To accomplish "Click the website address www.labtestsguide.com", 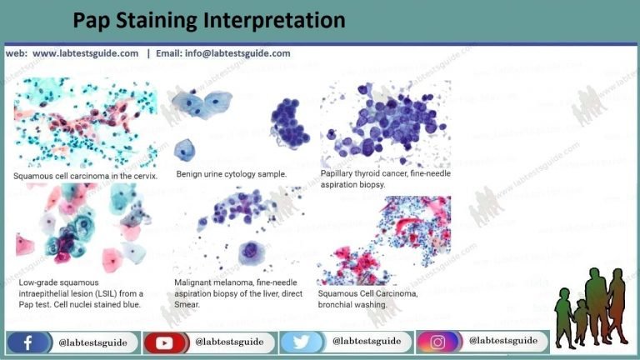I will (x=86, y=53).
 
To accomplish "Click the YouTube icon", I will (x=163, y=342).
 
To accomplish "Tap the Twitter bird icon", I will (x=299, y=342).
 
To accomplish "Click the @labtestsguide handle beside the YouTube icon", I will (x=229, y=342).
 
